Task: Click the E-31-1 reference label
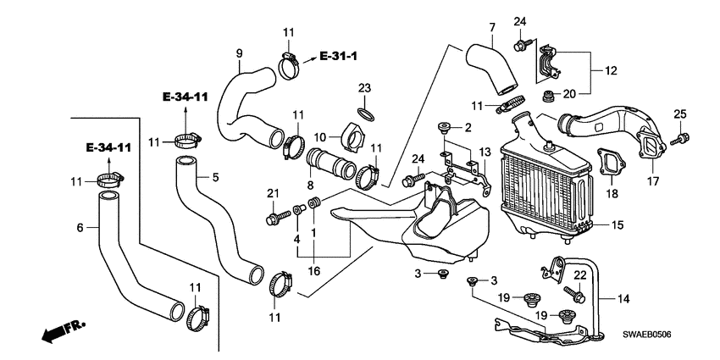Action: pyautogui.click(x=339, y=56)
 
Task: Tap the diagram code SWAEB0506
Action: pyautogui.click(x=646, y=335)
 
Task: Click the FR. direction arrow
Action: pyautogui.click(x=64, y=331)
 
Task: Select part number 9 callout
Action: pyautogui.click(x=239, y=53)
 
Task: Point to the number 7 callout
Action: pyautogui.click(x=492, y=28)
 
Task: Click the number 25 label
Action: pyautogui.click(x=679, y=114)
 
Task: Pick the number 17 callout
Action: pyautogui.click(x=653, y=181)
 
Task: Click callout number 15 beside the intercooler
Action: pyautogui.click(x=618, y=225)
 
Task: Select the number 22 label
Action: pyautogui.click(x=580, y=275)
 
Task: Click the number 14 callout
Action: pyautogui.click(x=623, y=299)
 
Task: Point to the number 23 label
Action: pyautogui.click(x=364, y=88)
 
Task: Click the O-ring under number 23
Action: pyautogui.click(x=366, y=114)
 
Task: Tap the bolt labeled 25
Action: pyautogui.click(x=680, y=139)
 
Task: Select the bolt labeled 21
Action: pyautogui.click(x=278, y=217)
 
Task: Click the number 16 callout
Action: pyautogui.click(x=314, y=271)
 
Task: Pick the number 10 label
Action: pyautogui.click(x=319, y=137)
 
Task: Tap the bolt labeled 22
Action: pyautogui.click(x=573, y=294)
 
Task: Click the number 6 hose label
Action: pyautogui.click(x=80, y=227)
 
